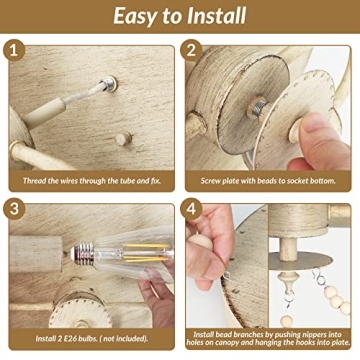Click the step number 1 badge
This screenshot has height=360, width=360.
[14, 50]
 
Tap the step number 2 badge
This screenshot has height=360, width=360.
[191, 50]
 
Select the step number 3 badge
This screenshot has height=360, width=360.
[14, 209]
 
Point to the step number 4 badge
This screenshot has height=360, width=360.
[191, 209]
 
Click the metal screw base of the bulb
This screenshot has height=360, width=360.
[83, 254]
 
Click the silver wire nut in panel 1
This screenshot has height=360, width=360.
[110, 83]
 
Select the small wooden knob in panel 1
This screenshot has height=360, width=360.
[123, 138]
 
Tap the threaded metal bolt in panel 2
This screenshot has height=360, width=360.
[259, 108]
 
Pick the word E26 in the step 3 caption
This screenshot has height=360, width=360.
[69, 339]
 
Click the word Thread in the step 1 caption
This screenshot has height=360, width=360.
[33, 181]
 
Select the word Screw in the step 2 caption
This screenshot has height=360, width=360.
[210, 181]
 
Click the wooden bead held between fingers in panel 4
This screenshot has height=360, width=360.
[201, 241]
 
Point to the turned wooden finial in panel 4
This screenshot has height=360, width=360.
[288, 280]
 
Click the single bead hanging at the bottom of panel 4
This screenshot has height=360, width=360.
[286, 321]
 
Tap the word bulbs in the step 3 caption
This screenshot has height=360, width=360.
[87, 339]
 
